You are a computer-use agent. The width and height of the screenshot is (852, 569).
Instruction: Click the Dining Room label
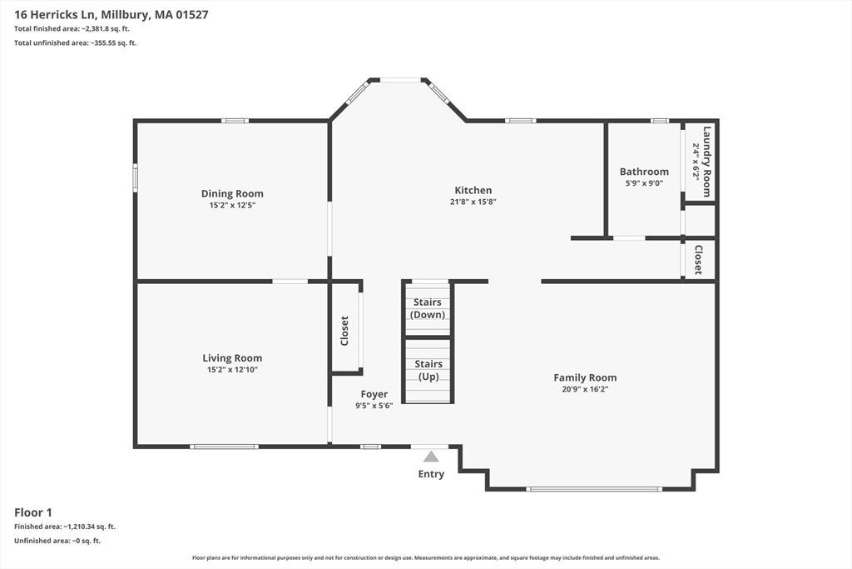tap(232, 193)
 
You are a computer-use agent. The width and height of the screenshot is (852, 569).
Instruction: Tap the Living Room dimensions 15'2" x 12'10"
tap(232, 370)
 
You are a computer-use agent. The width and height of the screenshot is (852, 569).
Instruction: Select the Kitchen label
tap(473, 191)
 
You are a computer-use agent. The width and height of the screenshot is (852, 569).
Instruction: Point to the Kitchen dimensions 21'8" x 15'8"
tap(473, 202)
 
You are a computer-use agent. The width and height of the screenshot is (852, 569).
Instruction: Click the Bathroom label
tap(644, 172)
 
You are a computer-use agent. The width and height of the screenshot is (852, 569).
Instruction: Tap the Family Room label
tap(585, 377)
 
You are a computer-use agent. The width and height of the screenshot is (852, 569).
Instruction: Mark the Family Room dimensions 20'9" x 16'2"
tap(585, 390)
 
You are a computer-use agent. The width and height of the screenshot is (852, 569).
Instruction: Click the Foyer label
tap(374, 394)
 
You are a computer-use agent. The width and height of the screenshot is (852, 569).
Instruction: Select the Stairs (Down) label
tap(428, 308)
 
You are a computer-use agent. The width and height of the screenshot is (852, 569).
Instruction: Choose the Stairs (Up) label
tap(428, 371)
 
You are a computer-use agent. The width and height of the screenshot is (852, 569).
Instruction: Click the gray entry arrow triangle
tap(431, 457)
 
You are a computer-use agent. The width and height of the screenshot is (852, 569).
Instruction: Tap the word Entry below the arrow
tap(431, 474)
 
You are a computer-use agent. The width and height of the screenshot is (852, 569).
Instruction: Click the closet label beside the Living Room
tap(344, 331)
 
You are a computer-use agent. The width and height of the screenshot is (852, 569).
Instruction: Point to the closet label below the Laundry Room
tap(698, 259)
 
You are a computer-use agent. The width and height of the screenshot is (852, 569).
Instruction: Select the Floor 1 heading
tap(33, 512)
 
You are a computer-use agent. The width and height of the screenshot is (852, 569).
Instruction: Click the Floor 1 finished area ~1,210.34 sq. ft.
tap(89, 527)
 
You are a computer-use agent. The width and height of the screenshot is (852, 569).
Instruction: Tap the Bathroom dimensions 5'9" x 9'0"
tap(644, 183)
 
